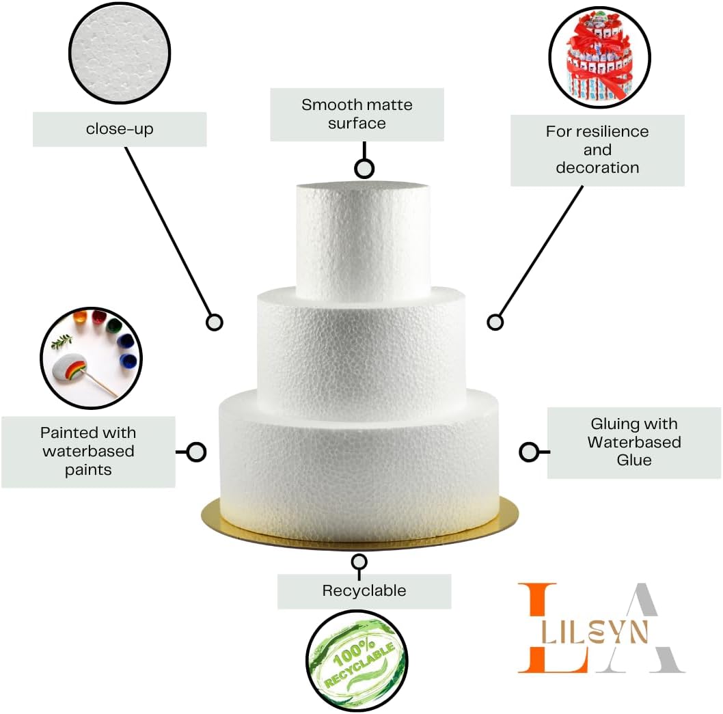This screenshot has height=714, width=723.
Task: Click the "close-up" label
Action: pos(120,129)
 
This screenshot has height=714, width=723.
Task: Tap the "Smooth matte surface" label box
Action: pos(357,114)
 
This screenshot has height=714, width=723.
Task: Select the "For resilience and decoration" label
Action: pos(597,150)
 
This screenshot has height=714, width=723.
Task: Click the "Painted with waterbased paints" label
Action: pos(88,451)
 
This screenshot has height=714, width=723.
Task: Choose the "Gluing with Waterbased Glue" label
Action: pos(634,442)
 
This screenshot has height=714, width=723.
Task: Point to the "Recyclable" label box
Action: pos(364,591)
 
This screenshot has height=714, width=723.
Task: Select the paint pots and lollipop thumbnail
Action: pos(91,359)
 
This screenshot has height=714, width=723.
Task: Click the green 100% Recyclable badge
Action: pos(356,659)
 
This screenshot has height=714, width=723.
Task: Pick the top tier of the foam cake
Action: pos(363,239)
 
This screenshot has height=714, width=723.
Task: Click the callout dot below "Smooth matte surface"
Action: pos(364,169)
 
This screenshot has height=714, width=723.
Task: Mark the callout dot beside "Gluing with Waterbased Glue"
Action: pos(528,452)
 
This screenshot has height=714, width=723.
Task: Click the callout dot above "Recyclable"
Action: pos(359,562)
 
